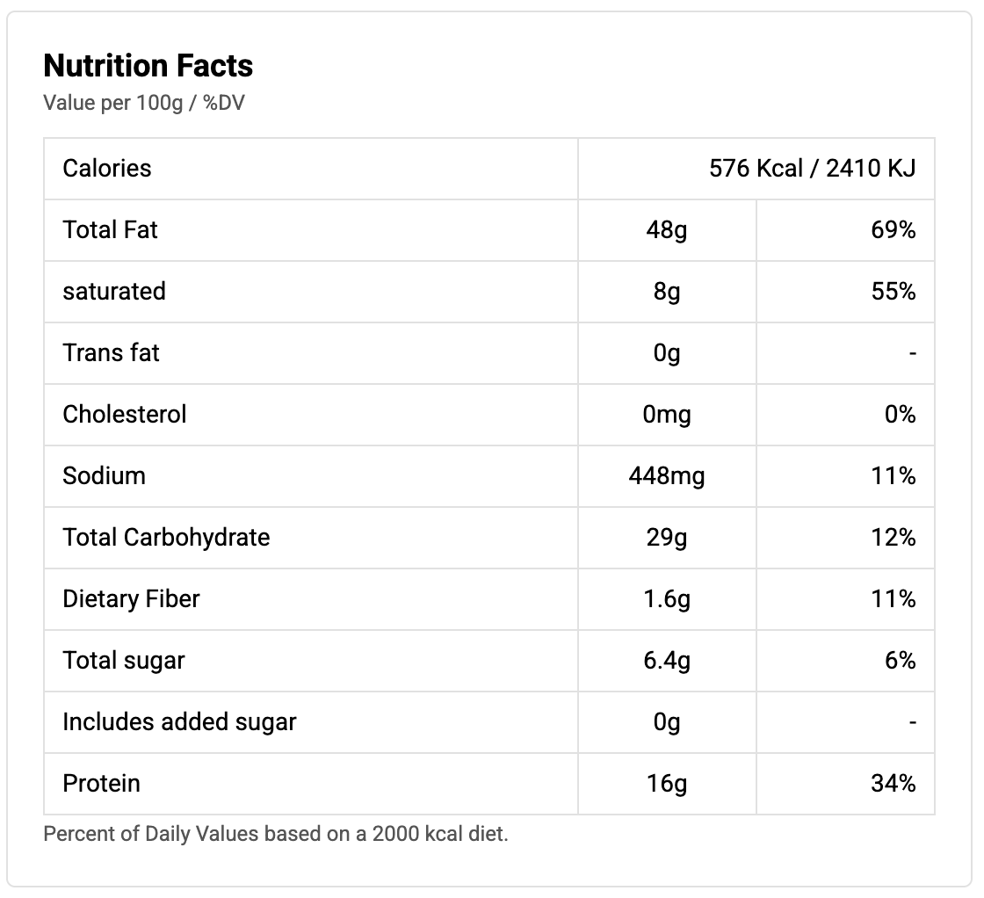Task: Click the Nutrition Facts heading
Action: coord(148,66)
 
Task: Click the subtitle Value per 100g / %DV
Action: coord(144,104)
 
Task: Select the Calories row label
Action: coord(107,168)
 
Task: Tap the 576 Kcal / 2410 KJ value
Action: coord(812,168)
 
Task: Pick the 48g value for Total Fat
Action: coord(666,229)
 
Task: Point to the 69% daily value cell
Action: coord(894,229)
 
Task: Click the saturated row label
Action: coord(114,291)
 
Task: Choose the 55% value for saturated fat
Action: coord(894,291)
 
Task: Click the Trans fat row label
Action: coord(111,352)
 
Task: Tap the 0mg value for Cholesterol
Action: coord(666,414)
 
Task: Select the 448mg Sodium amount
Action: coord(666,475)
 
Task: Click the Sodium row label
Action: coord(104,475)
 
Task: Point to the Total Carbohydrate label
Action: coord(166,537)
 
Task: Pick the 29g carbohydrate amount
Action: coord(666,537)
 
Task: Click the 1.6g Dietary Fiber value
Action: coord(666,598)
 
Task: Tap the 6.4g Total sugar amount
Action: coord(666,660)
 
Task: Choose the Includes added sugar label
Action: coord(179,721)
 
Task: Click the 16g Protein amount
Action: coord(666,783)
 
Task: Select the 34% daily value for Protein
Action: coord(894,783)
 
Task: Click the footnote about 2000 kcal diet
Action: coord(276,833)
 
